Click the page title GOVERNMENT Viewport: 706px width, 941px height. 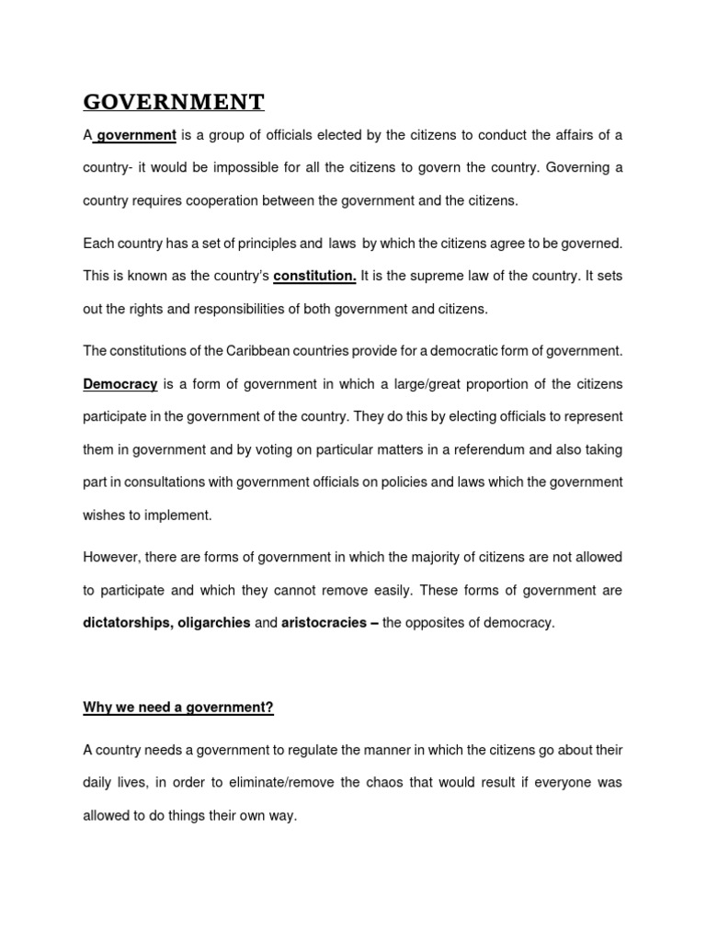point(174,101)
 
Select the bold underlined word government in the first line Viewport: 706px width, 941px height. point(136,135)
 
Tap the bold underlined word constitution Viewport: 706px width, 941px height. point(314,276)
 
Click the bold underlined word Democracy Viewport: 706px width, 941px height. point(120,383)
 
